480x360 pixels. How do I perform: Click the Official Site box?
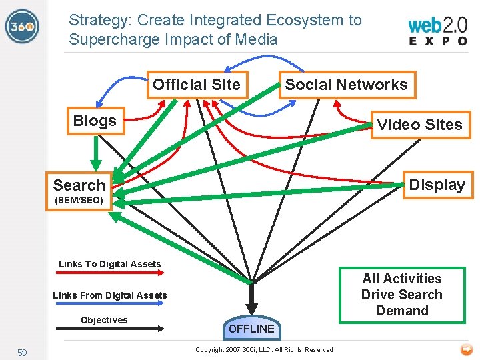click(197, 85)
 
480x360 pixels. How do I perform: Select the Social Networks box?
click(346, 85)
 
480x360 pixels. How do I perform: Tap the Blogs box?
click(95, 121)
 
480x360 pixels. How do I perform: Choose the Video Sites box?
click(419, 125)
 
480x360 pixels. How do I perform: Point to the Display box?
click(437, 185)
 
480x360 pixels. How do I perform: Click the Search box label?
click(79, 185)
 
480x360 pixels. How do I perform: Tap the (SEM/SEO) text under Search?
click(78, 200)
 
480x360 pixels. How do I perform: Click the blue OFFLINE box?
click(251, 328)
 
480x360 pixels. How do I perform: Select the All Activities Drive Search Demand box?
click(402, 295)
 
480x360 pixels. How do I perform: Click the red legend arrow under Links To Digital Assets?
click(110, 273)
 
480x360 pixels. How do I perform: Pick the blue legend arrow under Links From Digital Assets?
click(110, 304)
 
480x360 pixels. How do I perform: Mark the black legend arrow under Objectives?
click(110, 329)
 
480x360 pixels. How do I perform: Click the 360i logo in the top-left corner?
click(21, 27)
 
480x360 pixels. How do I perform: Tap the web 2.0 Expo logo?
click(437, 31)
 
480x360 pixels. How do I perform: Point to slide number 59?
click(22, 352)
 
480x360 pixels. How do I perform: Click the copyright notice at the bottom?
click(264, 349)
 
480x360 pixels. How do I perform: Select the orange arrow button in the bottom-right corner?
click(466, 349)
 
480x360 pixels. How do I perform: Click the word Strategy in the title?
click(96, 20)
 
